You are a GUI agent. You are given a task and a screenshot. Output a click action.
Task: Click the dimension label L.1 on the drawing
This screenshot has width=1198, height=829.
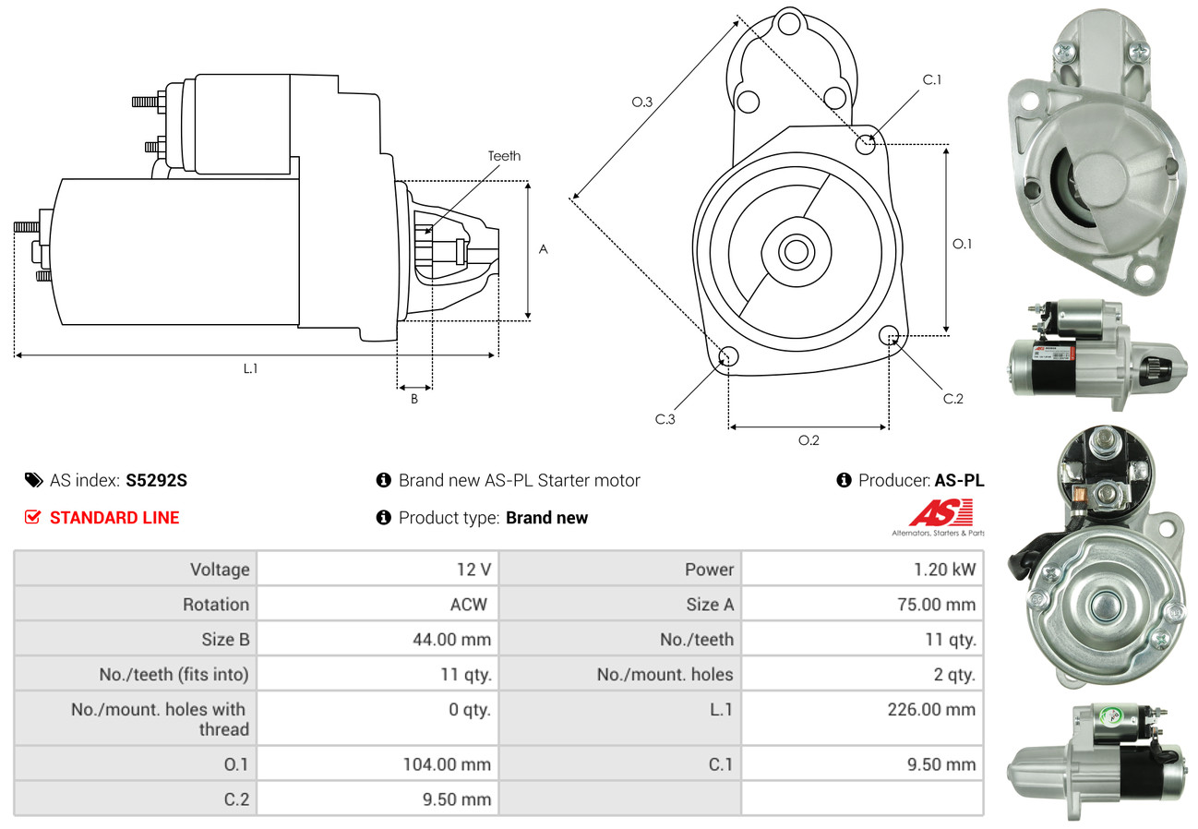coord(250,368)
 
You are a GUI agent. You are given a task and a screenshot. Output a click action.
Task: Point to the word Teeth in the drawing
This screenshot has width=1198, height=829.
coord(504,156)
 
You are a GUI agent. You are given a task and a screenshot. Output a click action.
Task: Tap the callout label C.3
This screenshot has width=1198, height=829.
coord(665,419)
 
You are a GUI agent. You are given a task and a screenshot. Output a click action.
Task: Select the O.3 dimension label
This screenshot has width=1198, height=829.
coord(642,102)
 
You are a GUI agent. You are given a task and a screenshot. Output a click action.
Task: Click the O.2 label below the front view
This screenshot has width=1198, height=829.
coord(809,440)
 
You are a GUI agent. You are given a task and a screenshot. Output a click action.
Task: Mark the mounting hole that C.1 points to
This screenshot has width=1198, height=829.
coord(866,144)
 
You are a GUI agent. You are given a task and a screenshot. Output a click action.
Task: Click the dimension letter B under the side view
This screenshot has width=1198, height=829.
coord(414,399)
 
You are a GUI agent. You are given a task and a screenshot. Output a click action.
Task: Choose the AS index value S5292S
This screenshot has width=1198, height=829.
coord(157,480)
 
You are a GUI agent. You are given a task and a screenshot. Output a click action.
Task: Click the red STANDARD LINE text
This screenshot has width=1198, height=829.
coord(114,518)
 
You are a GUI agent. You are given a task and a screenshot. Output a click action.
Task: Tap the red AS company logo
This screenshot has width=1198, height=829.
coord(940,513)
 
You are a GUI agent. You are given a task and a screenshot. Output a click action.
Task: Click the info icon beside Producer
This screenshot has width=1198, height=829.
coord(844,480)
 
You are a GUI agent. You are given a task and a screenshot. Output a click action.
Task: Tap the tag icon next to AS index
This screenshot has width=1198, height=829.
coord(33,480)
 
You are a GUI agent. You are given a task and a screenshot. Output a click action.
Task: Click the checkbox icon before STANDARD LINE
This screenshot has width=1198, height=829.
coord(32,518)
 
